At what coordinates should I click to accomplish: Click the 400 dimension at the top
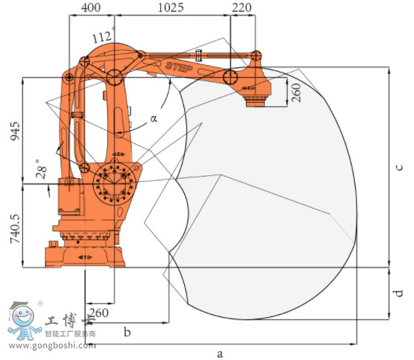[x=91, y=7]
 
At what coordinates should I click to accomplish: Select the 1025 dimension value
[x=171, y=7]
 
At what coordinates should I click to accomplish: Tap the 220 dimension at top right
[x=242, y=7]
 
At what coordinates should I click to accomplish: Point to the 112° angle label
[x=103, y=35]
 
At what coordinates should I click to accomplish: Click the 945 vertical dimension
[x=15, y=131]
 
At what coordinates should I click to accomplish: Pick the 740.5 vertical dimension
[x=15, y=228]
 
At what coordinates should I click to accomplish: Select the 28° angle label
[x=41, y=169]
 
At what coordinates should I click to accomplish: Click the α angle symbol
[x=154, y=118]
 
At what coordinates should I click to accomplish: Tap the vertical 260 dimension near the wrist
[x=296, y=92]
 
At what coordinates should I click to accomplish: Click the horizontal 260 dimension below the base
[x=98, y=313]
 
